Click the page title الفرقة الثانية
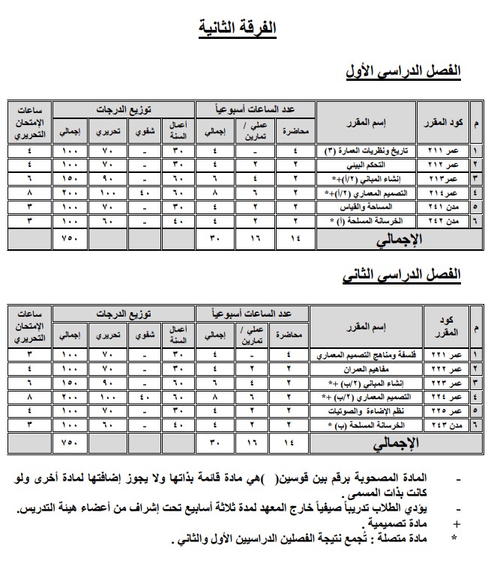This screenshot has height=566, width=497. [238, 28]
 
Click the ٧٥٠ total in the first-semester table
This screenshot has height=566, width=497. [70, 240]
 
